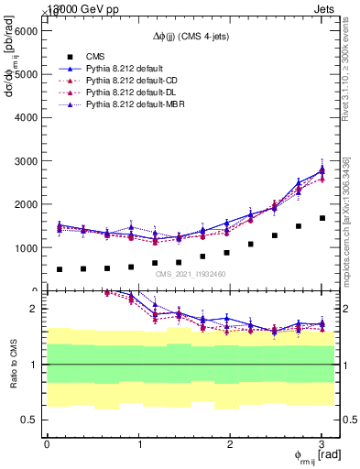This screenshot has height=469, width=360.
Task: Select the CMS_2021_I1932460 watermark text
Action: (x=191, y=274)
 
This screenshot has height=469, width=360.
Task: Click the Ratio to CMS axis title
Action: (x=12, y=365)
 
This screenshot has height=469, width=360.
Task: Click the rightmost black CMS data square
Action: (x=322, y=218)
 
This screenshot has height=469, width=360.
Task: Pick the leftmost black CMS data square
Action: (x=60, y=269)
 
